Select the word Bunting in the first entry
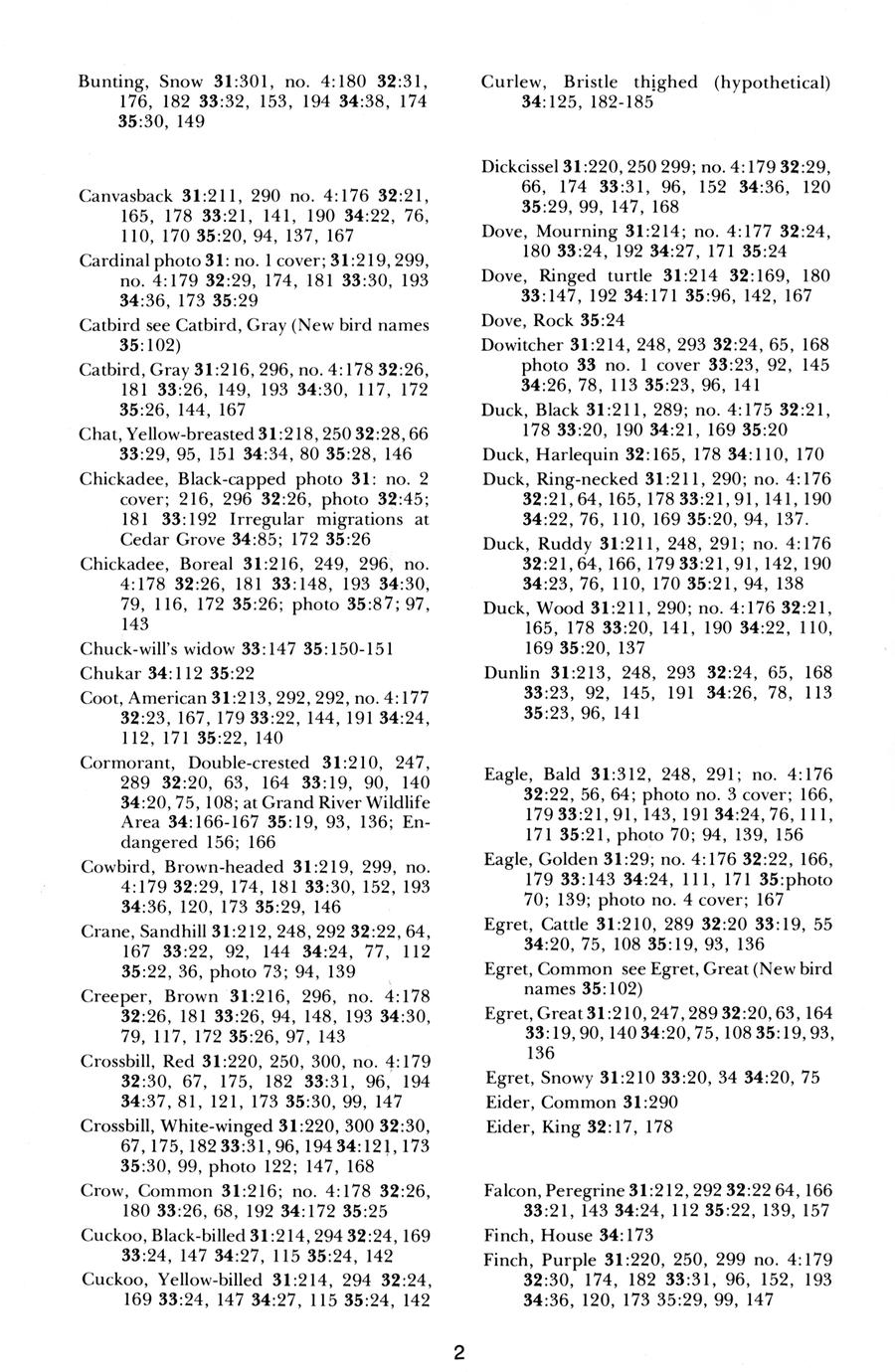[x=110, y=82]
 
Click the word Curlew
[x=510, y=82]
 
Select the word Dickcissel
[x=521, y=167]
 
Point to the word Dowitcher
[x=522, y=345]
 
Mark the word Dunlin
[x=511, y=671]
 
